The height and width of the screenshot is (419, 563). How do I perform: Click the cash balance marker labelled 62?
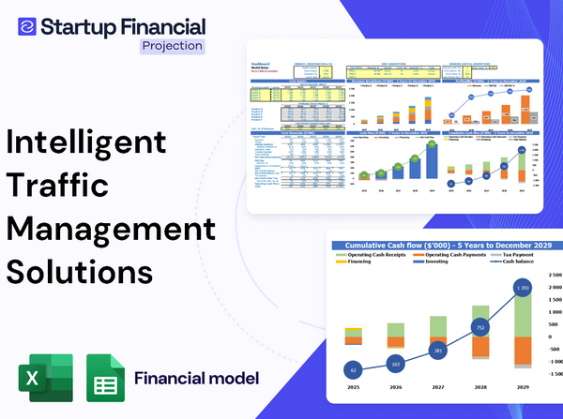(x=352, y=370)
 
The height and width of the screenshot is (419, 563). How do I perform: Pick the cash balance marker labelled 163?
(x=394, y=364)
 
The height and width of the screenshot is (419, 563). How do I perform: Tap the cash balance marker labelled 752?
(x=480, y=328)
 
